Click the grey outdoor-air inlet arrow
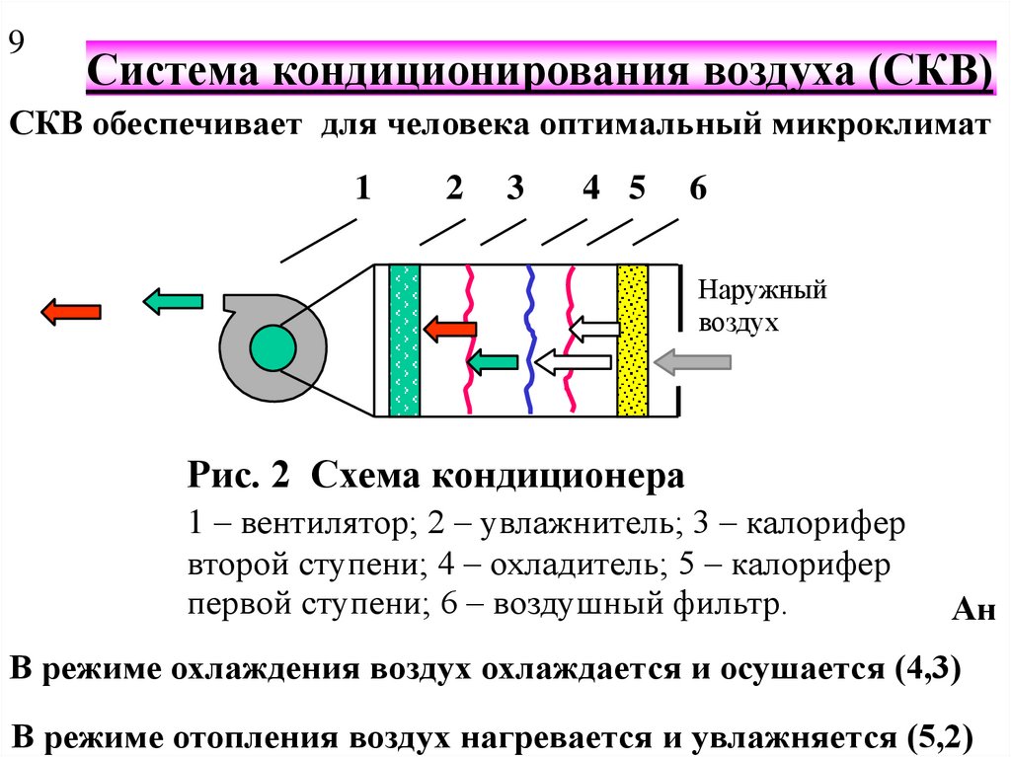point(692,362)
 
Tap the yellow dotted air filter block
point(633,340)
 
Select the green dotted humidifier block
point(404,340)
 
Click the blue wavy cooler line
point(529,340)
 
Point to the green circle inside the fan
point(272,347)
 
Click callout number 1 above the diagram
point(363,188)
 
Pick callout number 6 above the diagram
point(698,188)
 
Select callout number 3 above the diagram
point(514,188)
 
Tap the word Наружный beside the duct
point(762,289)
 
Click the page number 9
point(16,41)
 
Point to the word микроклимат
point(882,124)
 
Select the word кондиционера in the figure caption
point(558,477)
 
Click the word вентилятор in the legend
point(325,523)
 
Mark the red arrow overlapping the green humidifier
point(450,329)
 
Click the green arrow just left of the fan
point(173,301)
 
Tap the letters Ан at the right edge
point(973,609)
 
